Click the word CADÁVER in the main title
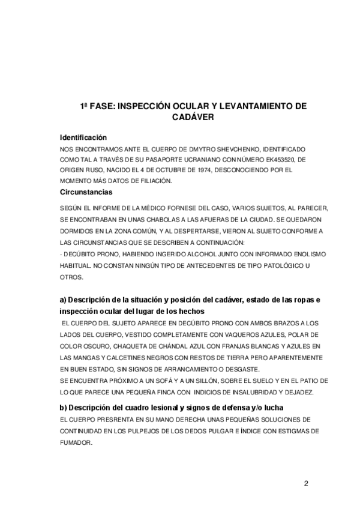[180, 118]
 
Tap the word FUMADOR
[76, 442]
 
